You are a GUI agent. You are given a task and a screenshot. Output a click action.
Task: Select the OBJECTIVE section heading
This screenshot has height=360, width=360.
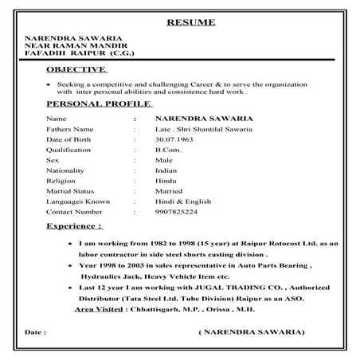[71, 69]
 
